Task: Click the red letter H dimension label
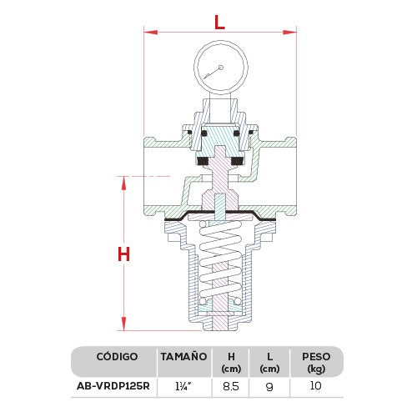[x=123, y=254]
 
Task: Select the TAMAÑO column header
[x=183, y=357]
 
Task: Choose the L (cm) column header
[x=268, y=362]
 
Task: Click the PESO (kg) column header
[x=314, y=362]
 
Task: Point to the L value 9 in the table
[x=268, y=388]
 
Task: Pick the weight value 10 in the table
[x=314, y=388]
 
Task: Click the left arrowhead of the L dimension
[x=148, y=33]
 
